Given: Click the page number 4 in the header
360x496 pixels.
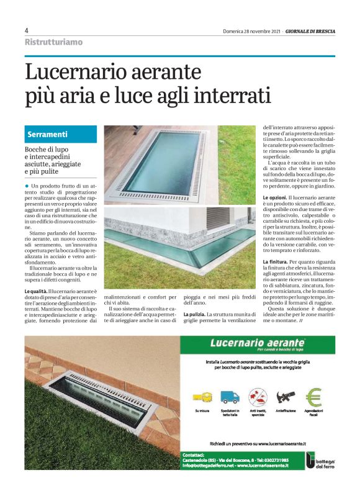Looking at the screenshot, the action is [x=27, y=30].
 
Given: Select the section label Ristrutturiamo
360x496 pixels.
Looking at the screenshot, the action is [x=53, y=42].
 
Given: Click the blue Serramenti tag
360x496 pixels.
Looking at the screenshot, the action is [x=47, y=134].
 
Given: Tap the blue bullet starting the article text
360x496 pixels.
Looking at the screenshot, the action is [x=27, y=186].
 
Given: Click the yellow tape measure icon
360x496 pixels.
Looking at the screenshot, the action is [x=200, y=395].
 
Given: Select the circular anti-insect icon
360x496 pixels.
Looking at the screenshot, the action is [x=257, y=395].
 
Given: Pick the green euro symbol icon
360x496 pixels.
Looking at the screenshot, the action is [x=314, y=395].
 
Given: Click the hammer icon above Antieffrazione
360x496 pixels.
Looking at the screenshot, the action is [x=286, y=395].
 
